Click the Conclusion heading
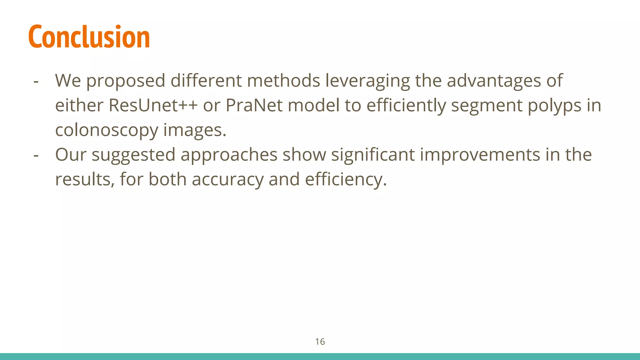(89, 37)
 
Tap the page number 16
(320, 342)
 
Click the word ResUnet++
(153, 105)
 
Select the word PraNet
(254, 105)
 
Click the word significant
(373, 155)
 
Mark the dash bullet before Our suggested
(36, 155)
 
